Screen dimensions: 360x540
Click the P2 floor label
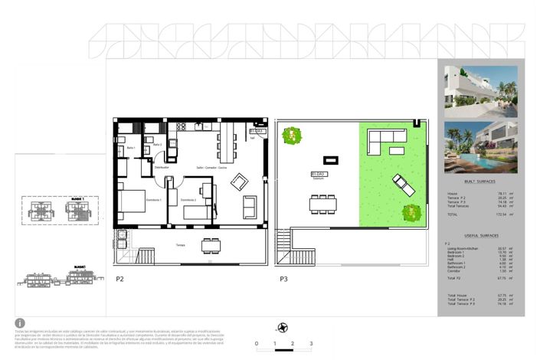tap(119, 279)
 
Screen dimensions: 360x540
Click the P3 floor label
tap(283, 279)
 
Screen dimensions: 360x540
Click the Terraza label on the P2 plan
tap(180, 245)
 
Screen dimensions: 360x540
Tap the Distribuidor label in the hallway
tap(161, 167)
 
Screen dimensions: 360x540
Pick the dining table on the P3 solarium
tap(323, 203)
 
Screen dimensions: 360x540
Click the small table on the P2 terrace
tap(208, 247)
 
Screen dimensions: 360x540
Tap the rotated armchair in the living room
tap(240, 181)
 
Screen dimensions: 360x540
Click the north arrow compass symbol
tap(283, 327)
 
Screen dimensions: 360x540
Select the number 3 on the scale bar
tap(310, 345)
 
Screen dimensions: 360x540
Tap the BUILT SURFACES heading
tap(479, 181)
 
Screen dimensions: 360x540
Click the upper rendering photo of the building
tap(480, 90)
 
